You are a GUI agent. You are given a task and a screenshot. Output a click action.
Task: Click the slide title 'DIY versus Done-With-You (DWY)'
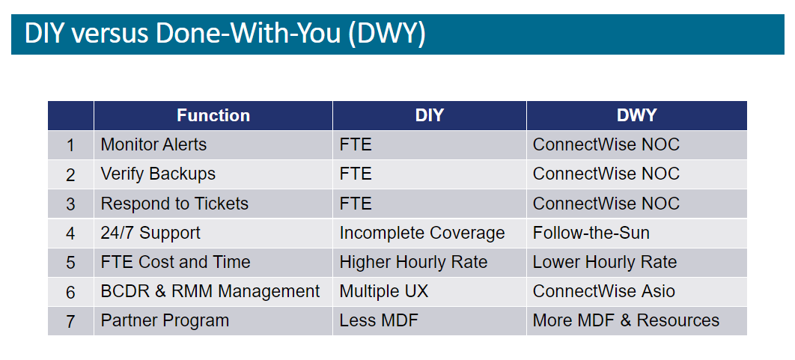coord(225,34)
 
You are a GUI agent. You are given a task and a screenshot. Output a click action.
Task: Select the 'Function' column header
coord(213,115)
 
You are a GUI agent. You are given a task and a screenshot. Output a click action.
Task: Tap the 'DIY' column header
coord(430,115)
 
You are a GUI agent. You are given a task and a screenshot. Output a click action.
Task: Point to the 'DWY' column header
coord(636,115)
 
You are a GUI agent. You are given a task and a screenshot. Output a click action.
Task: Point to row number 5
coord(70,263)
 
